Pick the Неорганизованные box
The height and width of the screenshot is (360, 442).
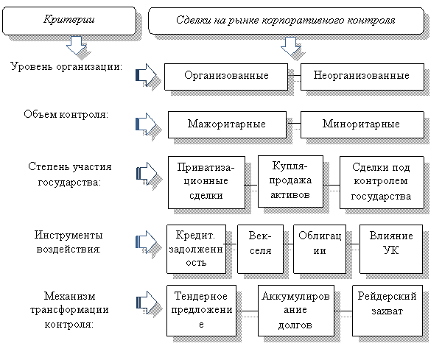pos(362,76)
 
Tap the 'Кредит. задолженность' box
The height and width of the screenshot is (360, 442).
pos(196,247)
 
